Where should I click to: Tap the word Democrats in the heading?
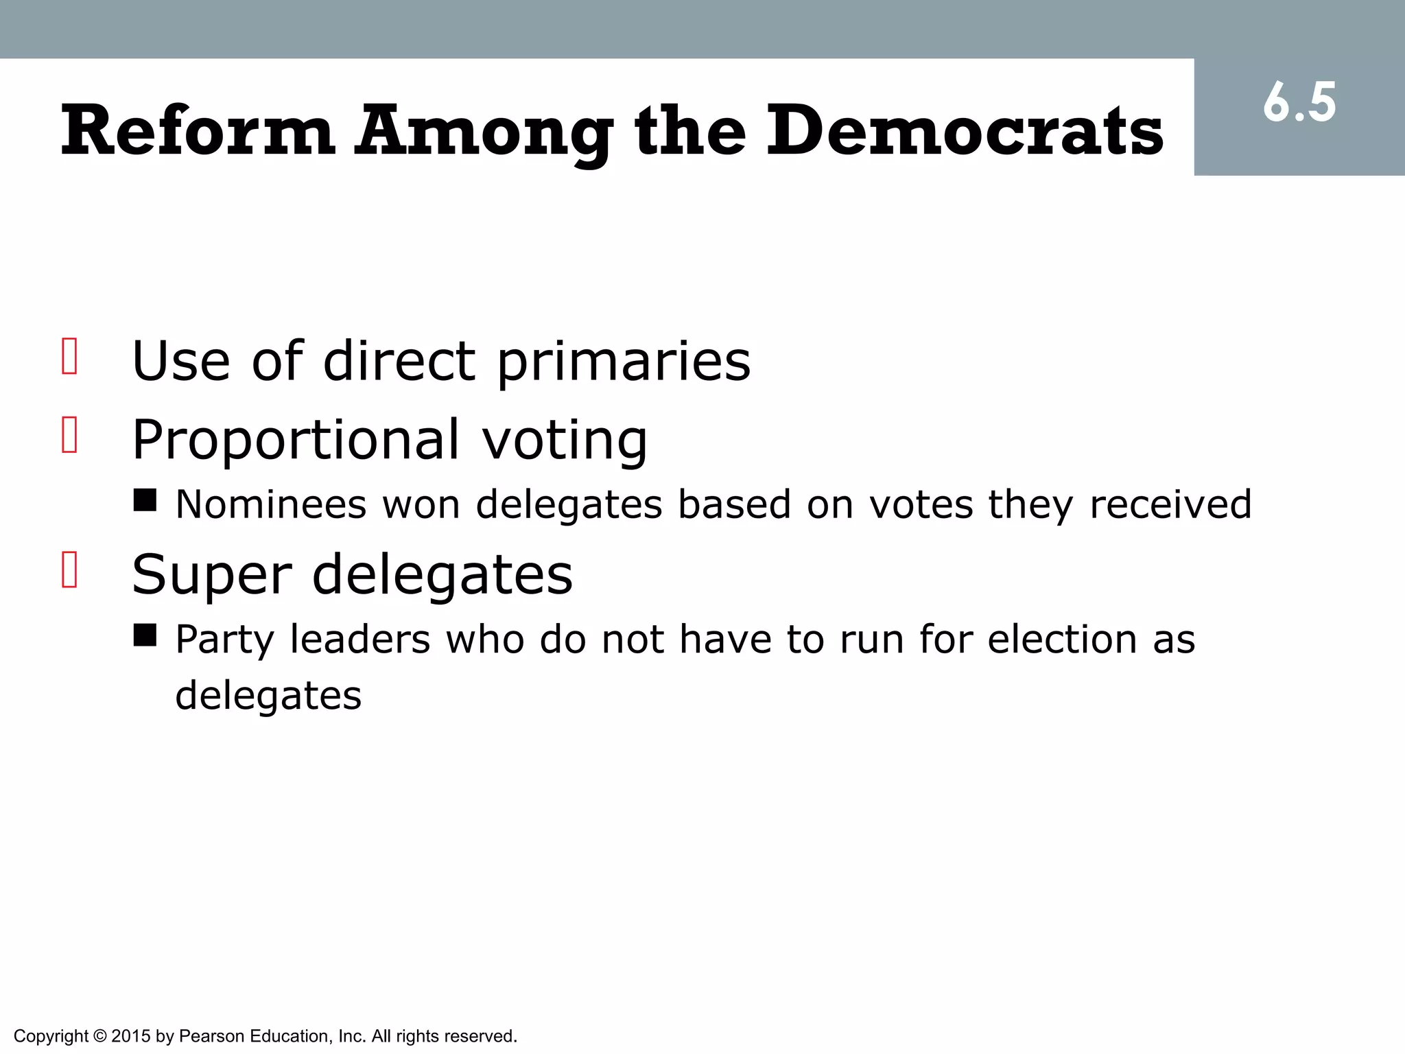[964, 130]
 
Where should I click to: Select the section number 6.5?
[1299, 103]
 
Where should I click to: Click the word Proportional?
[295, 441]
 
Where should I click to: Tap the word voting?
[564, 441]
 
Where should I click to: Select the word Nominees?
[271, 504]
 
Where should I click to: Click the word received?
[1170, 504]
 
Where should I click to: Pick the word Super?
[211, 575]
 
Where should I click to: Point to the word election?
[1062, 639]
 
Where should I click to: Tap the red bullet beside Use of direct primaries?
[69, 355]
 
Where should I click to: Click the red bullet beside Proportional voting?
[69, 434]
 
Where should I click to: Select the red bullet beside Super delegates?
[69, 569]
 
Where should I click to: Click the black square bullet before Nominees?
[145, 500]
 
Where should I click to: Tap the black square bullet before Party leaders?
[145, 635]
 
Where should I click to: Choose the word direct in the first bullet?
[399, 362]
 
